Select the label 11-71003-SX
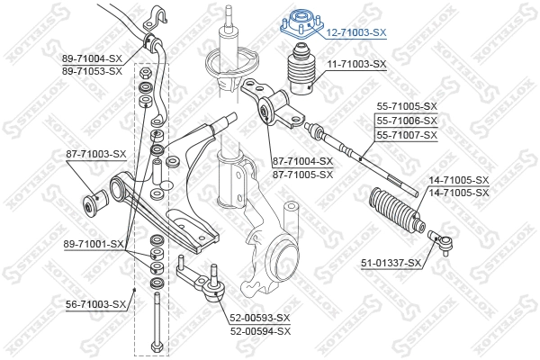(x=355, y=64)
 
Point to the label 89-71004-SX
(x=91, y=58)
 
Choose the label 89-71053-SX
(x=91, y=70)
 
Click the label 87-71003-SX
(x=95, y=154)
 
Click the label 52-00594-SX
(x=259, y=330)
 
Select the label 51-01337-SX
(x=390, y=263)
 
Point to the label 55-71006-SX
(x=406, y=121)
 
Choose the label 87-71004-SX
(x=302, y=162)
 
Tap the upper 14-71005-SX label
(x=459, y=181)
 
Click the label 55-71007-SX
(x=406, y=135)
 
